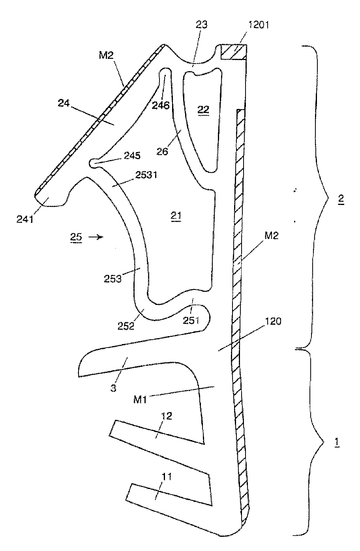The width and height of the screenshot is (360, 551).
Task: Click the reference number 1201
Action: (258, 25)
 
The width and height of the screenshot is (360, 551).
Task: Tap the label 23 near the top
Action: (202, 24)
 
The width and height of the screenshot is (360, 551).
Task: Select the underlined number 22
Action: (203, 109)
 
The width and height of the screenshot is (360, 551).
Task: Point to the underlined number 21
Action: (176, 216)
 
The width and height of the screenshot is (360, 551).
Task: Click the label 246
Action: (161, 105)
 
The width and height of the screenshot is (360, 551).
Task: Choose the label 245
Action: (132, 156)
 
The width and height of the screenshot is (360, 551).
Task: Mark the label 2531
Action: (146, 175)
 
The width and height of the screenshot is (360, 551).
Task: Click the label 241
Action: (25, 219)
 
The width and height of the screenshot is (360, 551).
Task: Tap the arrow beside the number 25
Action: (96, 237)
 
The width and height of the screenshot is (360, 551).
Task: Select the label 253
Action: (112, 279)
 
